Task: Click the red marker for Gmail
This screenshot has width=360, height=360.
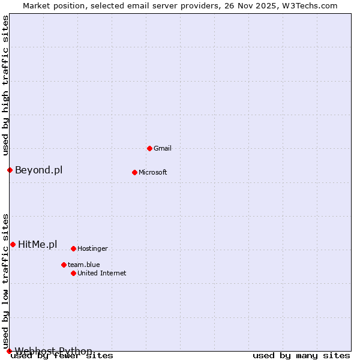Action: [149, 148]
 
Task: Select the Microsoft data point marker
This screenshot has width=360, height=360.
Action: [134, 172]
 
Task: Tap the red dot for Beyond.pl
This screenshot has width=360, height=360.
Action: [10, 170]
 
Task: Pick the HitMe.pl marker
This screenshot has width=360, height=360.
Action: [13, 244]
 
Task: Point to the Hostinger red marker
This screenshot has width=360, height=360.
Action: [73, 248]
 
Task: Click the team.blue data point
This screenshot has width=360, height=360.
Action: [64, 265]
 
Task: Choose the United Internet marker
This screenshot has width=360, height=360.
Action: [73, 273]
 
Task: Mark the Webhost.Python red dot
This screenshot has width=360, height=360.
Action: [9, 351]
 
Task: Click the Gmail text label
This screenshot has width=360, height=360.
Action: [163, 148]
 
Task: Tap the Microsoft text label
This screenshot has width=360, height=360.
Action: [153, 172]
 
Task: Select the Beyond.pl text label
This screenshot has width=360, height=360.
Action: [38, 170]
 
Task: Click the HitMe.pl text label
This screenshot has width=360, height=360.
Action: [37, 244]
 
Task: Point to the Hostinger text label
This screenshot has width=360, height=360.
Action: [92, 248]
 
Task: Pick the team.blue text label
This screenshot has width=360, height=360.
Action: [83, 265]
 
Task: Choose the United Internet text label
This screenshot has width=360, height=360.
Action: [101, 273]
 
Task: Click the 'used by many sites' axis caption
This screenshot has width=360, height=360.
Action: [301, 355]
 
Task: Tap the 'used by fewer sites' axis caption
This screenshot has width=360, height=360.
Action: [62, 355]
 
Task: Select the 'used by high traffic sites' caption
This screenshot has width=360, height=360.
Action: [5, 86]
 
